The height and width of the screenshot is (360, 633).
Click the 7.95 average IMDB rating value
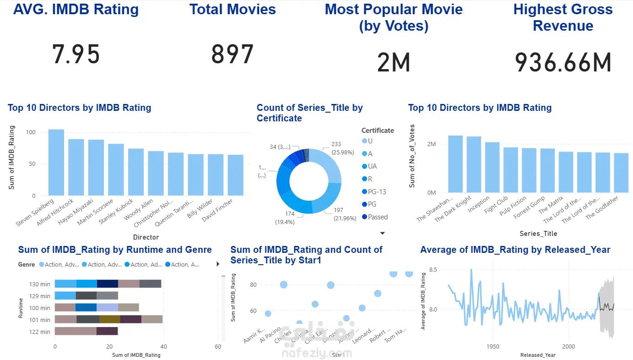pyautogui.click(x=76, y=54)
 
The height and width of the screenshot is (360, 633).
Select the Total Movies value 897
pyautogui.click(x=232, y=54)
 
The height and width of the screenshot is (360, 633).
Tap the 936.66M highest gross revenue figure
pyautogui.click(x=563, y=63)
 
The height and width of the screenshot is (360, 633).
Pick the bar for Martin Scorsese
pyautogui.click(x=116, y=169)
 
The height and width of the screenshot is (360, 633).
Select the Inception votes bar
pyautogui.click(x=492, y=167)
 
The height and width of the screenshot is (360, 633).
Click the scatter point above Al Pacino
pyautogui.click(x=284, y=285)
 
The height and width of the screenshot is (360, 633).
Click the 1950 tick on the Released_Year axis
pyautogui.click(x=492, y=347)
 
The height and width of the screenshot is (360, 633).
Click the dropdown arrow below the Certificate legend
pyautogui.click(x=383, y=233)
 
